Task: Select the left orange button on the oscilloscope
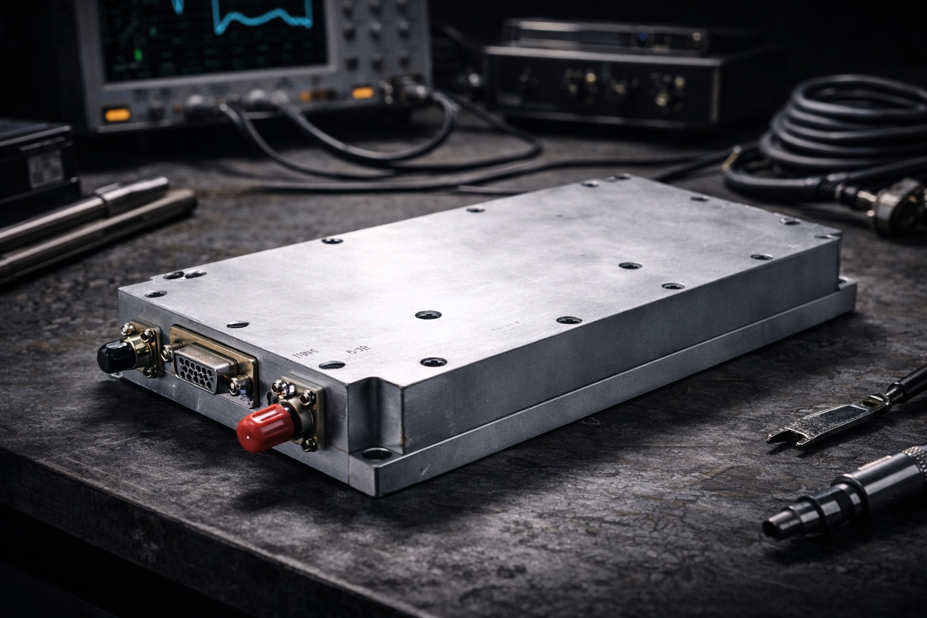[x=117, y=115]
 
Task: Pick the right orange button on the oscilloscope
[x=362, y=93]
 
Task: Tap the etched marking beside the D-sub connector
[x=304, y=354]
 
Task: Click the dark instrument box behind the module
[x=604, y=78]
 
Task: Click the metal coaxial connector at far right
[x=899, y=205]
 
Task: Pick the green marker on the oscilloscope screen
[x=138, y=56]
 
